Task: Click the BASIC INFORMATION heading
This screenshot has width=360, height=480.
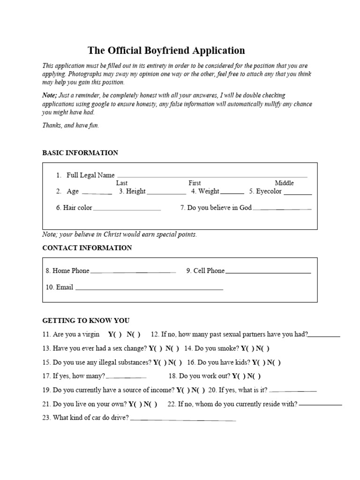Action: (80, 153)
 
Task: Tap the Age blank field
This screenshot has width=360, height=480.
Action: (96, 192)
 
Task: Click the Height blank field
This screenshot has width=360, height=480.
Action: (166, 192)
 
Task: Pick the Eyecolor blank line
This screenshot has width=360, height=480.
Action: (298, 192)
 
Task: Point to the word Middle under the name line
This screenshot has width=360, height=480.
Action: (284, 183)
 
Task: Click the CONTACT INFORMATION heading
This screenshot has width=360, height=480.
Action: (87, 248)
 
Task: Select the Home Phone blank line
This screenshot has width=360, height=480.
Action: (133, 272)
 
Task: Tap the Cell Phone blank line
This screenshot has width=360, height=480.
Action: (268, 272)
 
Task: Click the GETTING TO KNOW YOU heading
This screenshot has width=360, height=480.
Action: (86, 321)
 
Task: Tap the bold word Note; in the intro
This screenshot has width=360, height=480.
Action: (50, 95)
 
